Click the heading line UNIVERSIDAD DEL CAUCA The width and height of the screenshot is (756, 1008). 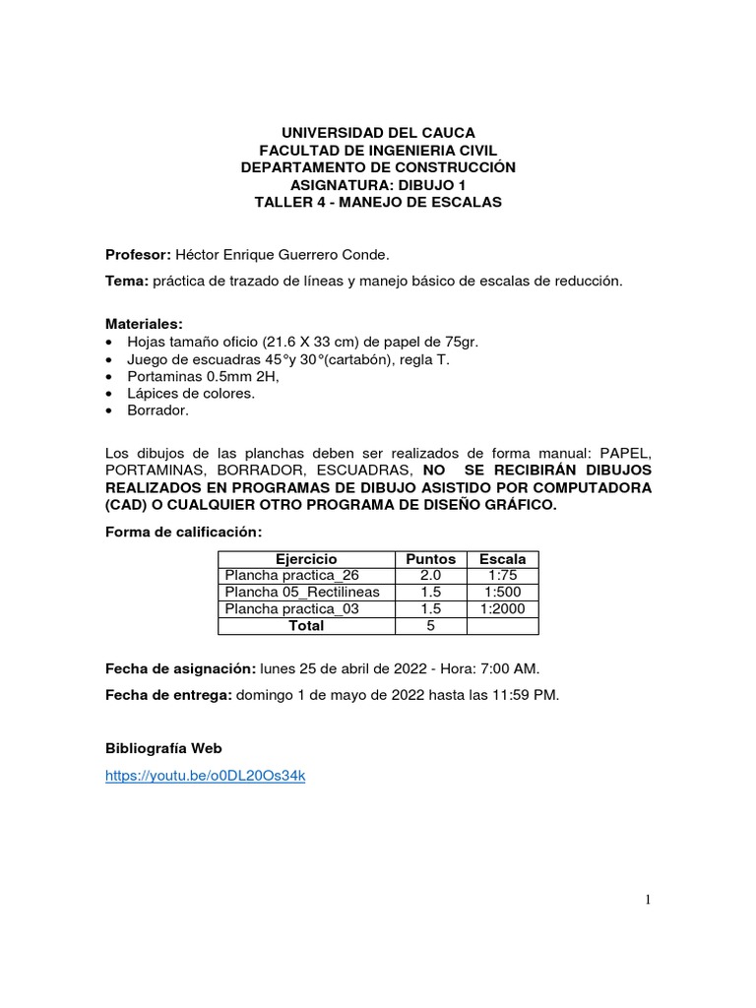pos(378,133)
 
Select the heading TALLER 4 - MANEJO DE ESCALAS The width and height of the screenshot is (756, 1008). pos(378,202)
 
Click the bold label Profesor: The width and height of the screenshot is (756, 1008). pos(139,255)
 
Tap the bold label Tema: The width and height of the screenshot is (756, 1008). pos(127,282)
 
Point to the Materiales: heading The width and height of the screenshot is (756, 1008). pos(144,323)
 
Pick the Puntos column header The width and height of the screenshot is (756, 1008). pos(430,558)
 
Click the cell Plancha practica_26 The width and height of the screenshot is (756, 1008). pos(291,575)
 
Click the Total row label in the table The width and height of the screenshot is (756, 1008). pos(306,625)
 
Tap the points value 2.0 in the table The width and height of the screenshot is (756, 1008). pos(430,575)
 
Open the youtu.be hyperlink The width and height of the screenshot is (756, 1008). pos(207,777)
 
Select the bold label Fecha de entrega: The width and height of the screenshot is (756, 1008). pos(168,695)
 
